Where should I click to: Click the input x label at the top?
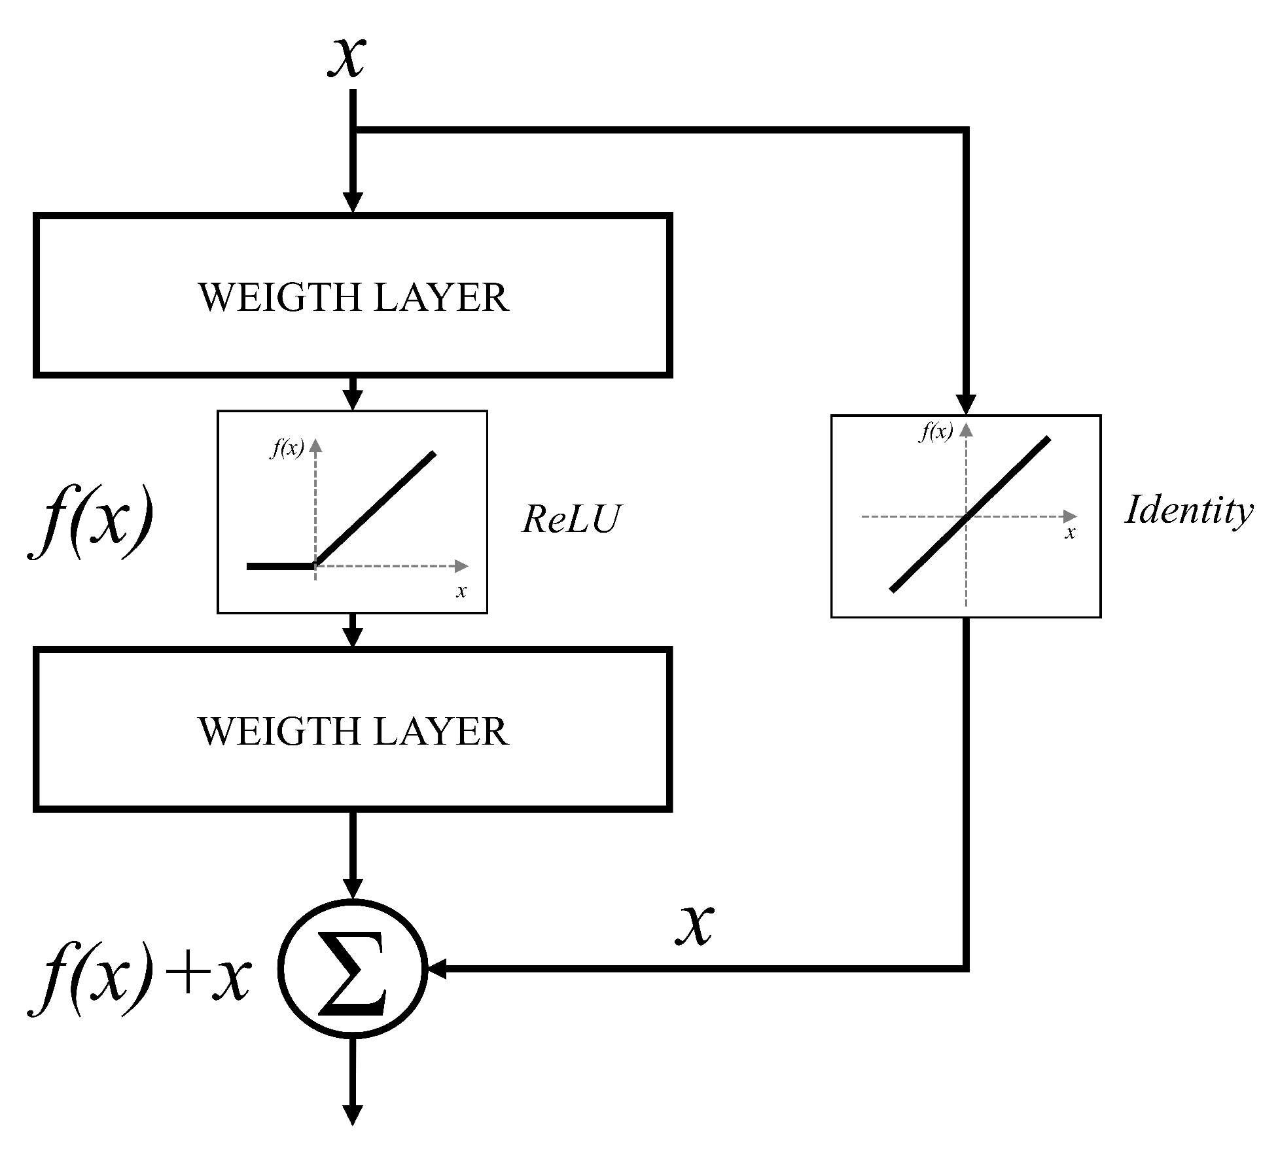(x=347, y=56)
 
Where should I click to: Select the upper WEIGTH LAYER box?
(x=353, y=296)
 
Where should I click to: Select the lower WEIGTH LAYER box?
(x=353, y=730)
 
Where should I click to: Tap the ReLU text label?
(x=571, y=520)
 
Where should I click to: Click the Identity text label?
(x=1188, y=510)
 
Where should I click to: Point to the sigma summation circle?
(x=353, y=968)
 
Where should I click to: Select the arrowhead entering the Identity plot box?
(x=966, y=404)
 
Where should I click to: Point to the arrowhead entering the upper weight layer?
(x=353, y=203)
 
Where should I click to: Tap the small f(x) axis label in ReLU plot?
(x=287, y=448)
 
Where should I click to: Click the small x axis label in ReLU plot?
(x=461, y=592)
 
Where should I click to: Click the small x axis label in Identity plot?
(x=1070, y=533)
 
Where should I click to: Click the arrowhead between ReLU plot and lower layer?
(x=353, y=637)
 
